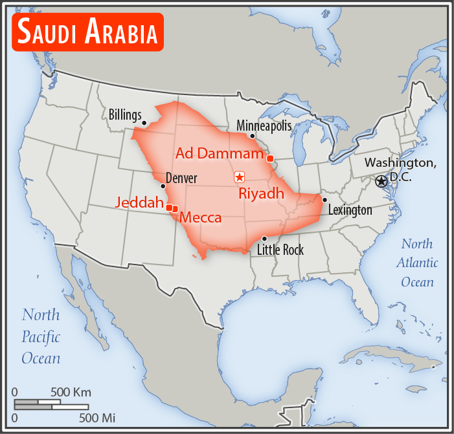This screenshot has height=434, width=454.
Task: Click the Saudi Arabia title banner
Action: (87, 32)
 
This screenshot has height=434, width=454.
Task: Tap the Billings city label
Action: (124, 115)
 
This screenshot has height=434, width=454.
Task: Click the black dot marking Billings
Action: (144, 122)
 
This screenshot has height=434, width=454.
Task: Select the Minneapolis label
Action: (264, 125)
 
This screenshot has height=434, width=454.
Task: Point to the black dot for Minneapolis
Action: (252, 136)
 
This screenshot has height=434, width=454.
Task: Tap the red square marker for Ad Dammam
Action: (269, 158)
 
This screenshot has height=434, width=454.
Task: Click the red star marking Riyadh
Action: (239, 177)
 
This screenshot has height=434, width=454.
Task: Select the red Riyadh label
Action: (261, 193)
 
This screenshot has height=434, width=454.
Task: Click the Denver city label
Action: (181, 178)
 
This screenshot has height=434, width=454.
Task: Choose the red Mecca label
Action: (201, 218)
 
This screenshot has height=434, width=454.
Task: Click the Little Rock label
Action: (280, 250)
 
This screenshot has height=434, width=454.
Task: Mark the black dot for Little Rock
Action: (264, 239)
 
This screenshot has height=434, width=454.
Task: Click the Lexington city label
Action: (350, 210)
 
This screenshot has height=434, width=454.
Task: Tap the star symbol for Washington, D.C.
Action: (381, 181)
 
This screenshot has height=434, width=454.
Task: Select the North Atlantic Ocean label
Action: (418, 263)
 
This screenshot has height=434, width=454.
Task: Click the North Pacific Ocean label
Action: (41, 336)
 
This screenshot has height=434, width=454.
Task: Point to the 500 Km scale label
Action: (71, 393)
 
